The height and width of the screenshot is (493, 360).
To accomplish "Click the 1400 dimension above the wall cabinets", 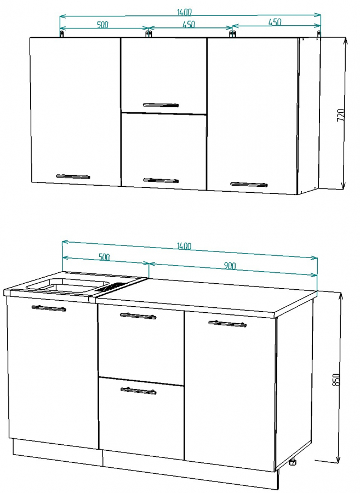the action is [x=184, y=12].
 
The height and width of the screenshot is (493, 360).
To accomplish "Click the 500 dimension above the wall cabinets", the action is [x=102, y=25].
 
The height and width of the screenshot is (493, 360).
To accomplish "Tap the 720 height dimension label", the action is [x=341, y=116].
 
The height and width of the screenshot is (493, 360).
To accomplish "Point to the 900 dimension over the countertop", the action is [x=230, y=266].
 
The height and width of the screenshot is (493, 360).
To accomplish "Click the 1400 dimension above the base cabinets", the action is [x=184, y=246].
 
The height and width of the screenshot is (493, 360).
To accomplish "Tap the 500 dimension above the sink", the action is [x=104, y=257].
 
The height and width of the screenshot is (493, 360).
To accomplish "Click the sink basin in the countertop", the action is [x=67, y=285].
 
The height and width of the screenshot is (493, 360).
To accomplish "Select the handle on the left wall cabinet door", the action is [x=73, y=176].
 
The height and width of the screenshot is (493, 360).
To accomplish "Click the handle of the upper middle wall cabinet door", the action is [x=161, y=105].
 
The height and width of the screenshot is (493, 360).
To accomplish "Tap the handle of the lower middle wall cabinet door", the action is [x=161, y=180].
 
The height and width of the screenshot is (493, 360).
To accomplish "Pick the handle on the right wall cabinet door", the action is [x=249, y=184].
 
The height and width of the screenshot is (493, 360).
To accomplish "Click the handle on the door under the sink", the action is [x=49, y=308].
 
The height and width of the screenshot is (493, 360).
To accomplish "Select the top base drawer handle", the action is [x=138, y=316].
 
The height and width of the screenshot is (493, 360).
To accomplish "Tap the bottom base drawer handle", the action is [x=138, y=391].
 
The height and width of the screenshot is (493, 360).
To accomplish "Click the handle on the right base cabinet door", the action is [x=227, y=324].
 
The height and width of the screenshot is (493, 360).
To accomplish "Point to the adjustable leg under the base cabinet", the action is [x=293, y=462].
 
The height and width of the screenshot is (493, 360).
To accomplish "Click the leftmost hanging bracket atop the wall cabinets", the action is [x=62, y=33].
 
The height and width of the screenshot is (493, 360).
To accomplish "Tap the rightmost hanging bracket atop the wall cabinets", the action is [x=319, y=33].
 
